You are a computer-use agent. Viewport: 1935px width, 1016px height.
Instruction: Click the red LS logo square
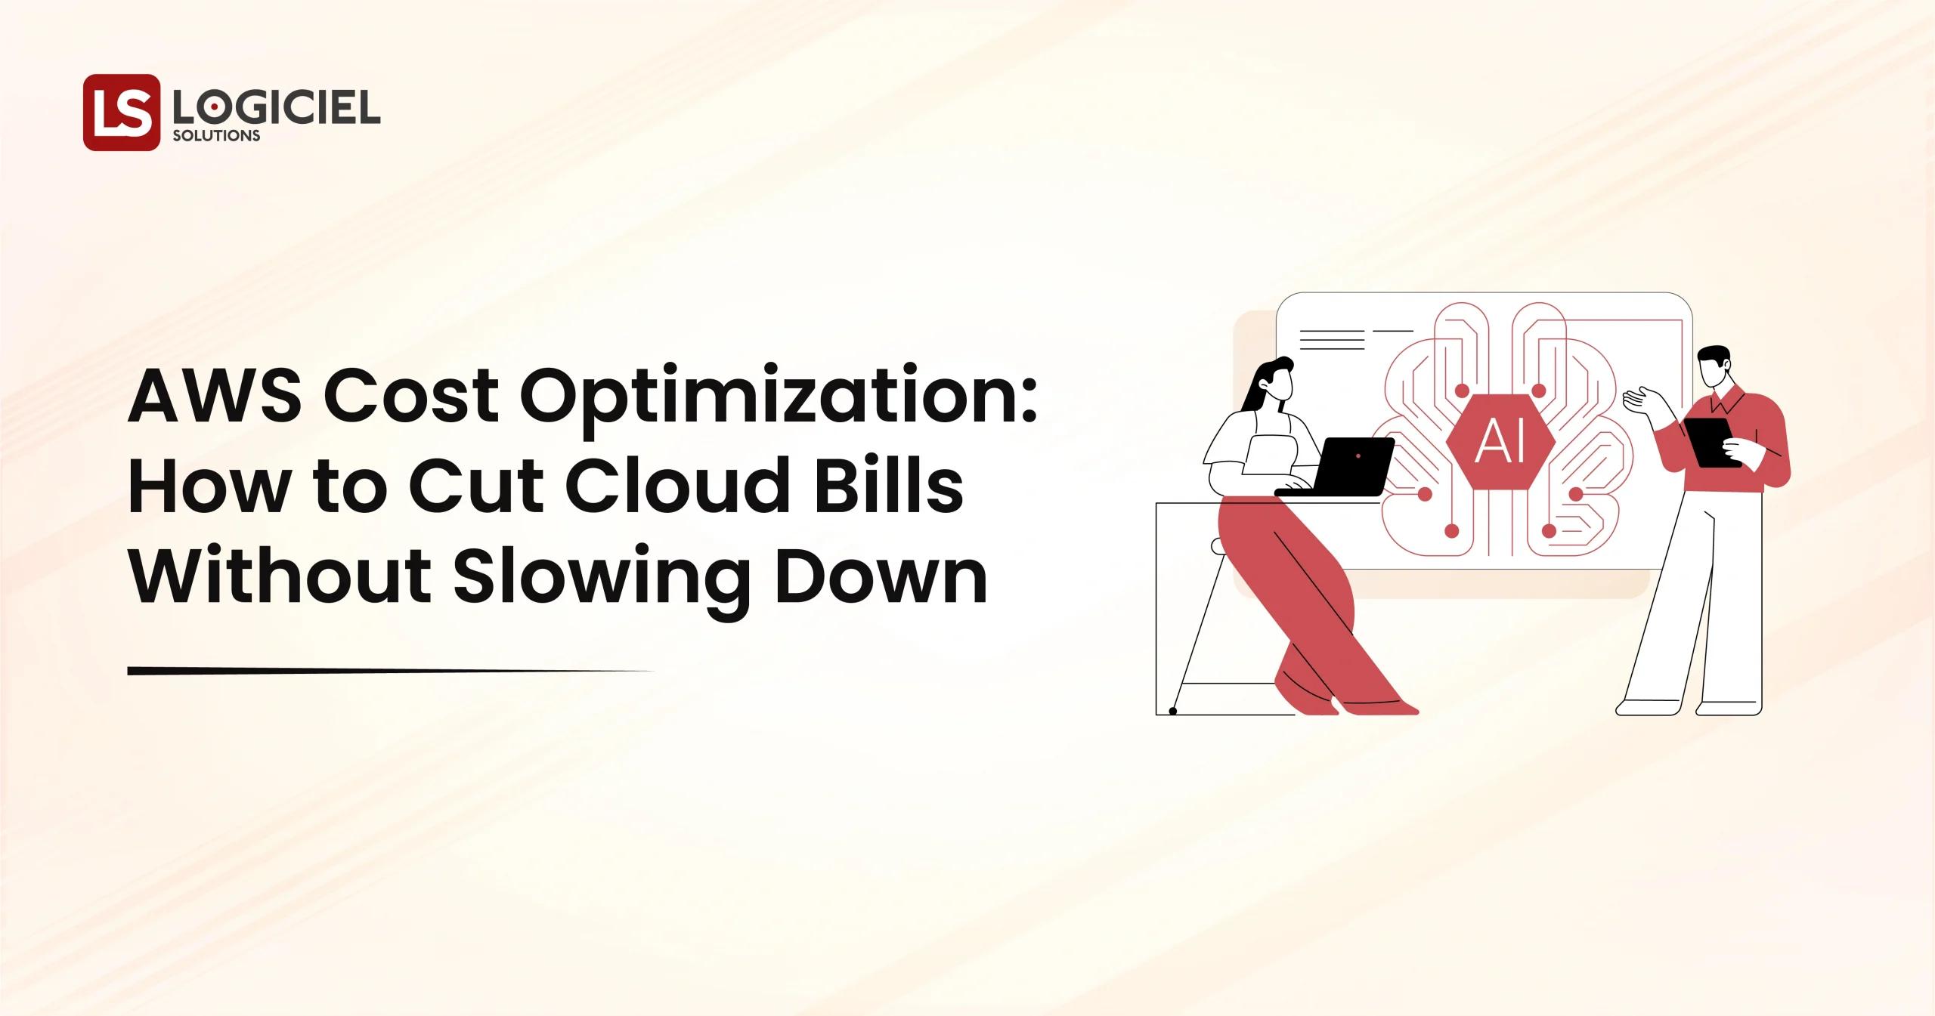(x=122, y=113)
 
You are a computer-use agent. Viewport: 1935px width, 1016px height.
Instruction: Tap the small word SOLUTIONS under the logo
(x=217, y=136)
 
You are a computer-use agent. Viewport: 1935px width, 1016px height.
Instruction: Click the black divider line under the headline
(x=378, y=671)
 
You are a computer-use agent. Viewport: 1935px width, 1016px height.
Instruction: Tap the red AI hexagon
(x=1501, y=443)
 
